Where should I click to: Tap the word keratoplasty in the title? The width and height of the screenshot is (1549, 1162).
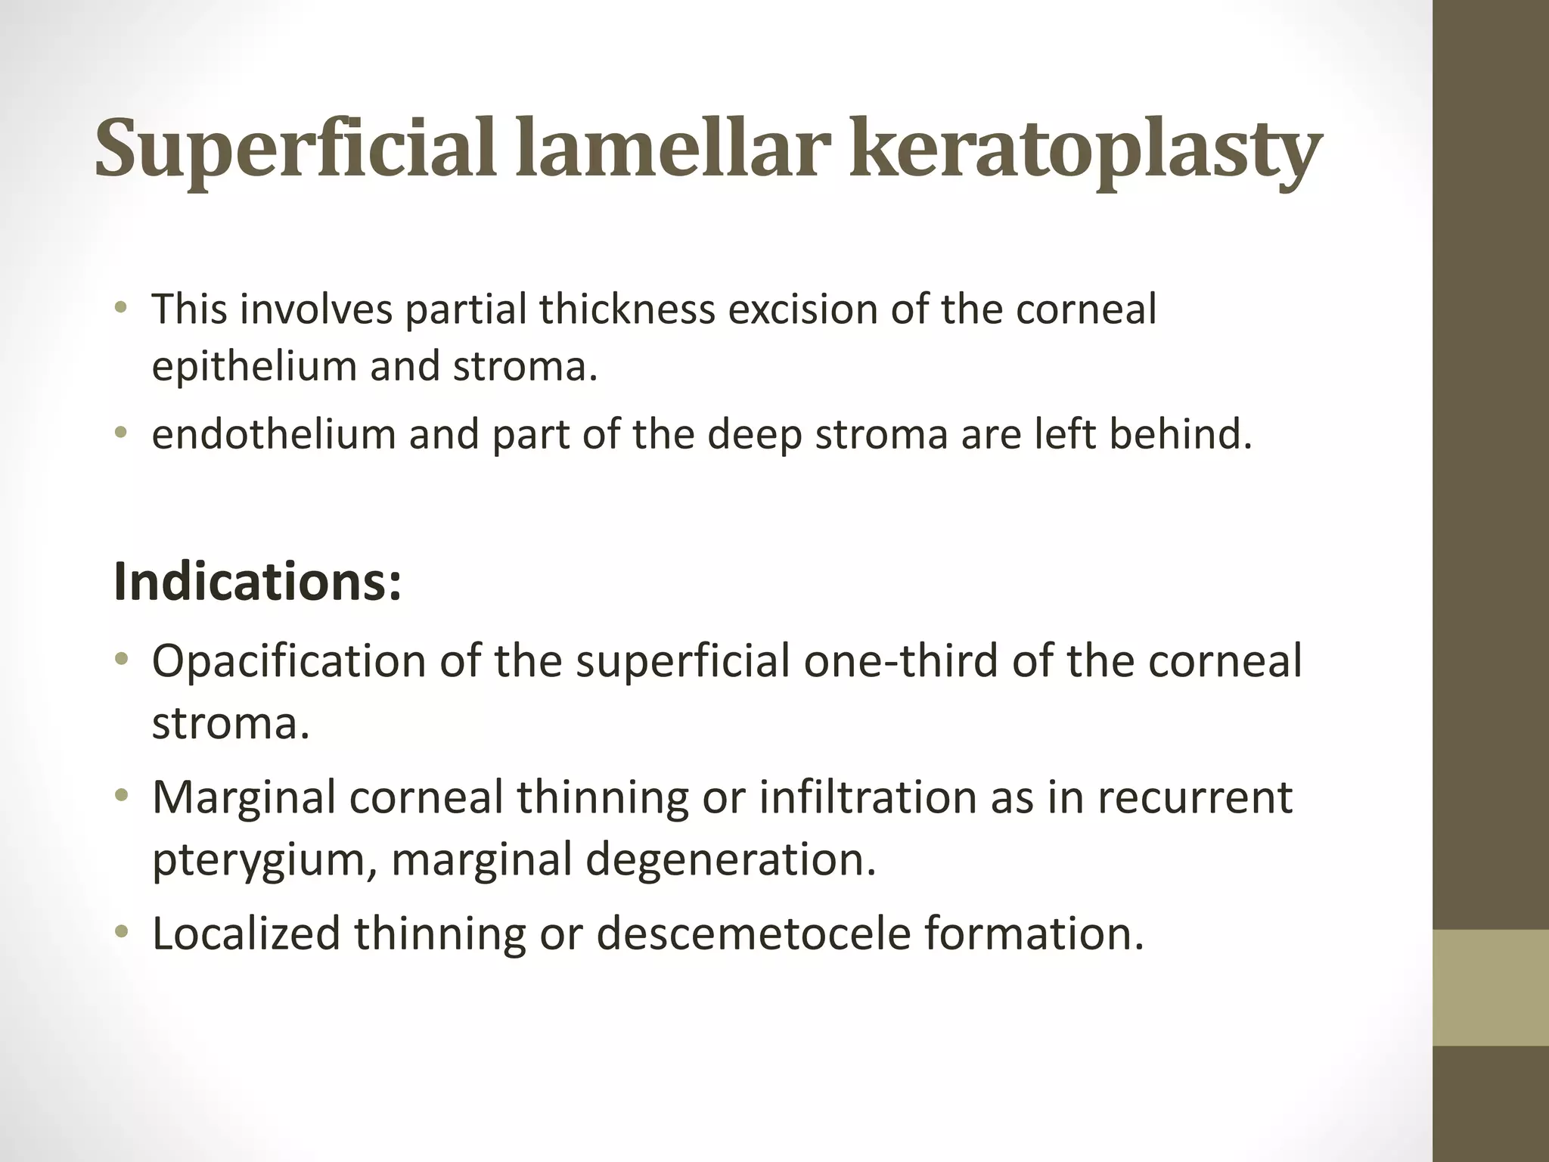[x=1085, y=150]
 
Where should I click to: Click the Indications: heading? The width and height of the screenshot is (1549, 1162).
[x=257, y=582]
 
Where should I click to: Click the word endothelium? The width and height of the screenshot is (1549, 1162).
[x=274, y=434]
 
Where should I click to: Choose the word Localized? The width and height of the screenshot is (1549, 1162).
[x=246, y=933]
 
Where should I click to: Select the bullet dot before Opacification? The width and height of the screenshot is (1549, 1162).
[x=121, y=660]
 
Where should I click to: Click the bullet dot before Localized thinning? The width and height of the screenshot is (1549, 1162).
[x=121, y=932]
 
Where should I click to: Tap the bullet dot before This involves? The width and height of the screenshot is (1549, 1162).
[x=121, y=309]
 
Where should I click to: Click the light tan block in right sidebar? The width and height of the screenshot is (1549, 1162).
[x=1491, y=987]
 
